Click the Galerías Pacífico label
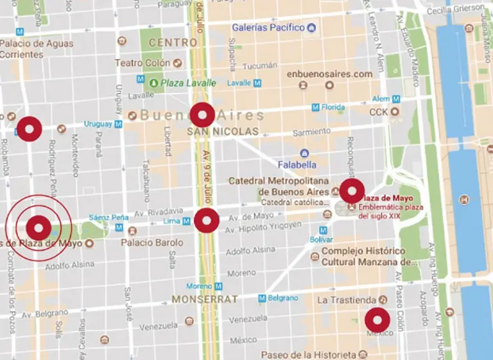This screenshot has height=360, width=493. coord(267,28)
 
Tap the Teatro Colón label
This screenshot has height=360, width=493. coord(143,63)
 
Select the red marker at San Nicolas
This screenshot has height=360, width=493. coord(202,115)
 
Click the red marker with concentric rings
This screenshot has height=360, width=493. coord(38,228)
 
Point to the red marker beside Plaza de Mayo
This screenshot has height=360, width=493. coord(352,191)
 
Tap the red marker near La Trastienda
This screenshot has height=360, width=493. coord(377,320)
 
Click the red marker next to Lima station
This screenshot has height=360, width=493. coord(206,221)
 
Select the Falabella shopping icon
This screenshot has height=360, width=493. coord(304,153)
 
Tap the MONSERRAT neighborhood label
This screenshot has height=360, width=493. coord(204,299)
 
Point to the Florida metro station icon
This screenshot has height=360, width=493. coord(315,107)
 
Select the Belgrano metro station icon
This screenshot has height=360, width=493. coord(262,298)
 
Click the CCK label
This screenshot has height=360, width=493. coord(378,112)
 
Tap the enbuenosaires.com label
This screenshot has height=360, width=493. coord(329,74)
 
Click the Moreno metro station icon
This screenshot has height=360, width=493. coord(219,286)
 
